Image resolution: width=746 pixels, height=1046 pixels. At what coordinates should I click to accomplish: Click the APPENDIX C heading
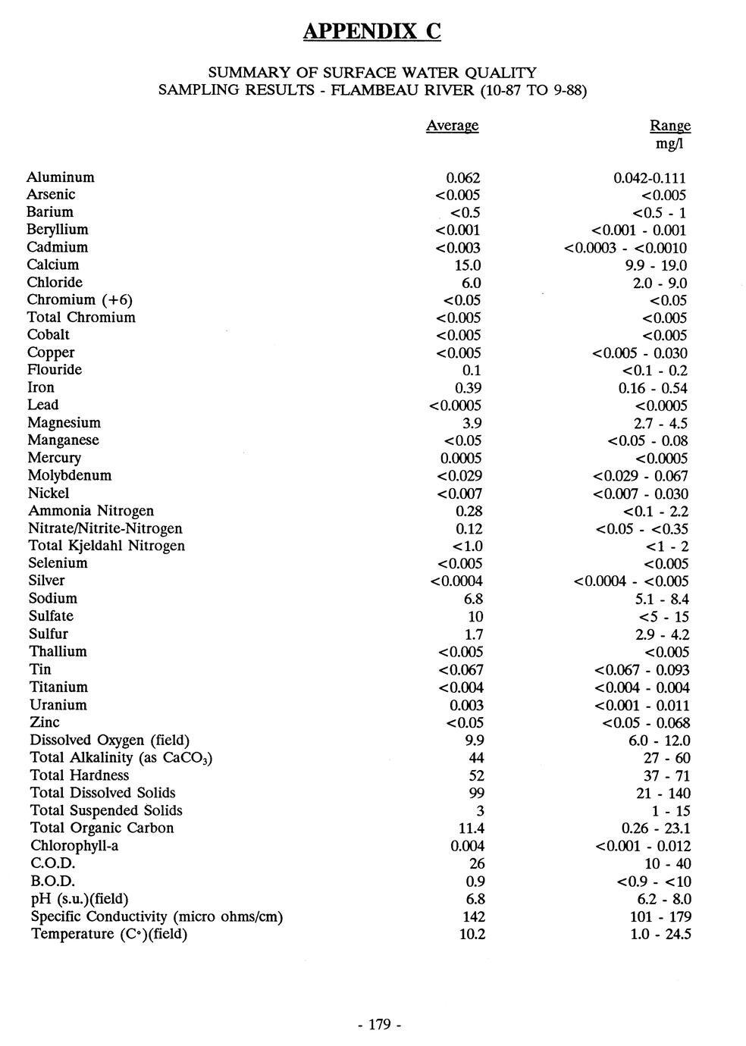371,31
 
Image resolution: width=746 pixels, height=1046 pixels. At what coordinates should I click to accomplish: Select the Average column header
452,126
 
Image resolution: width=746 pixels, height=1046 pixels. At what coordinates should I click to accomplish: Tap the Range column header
670,126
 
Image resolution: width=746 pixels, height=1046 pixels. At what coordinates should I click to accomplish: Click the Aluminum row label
61,177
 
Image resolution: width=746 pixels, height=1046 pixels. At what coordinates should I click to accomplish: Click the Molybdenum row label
70,476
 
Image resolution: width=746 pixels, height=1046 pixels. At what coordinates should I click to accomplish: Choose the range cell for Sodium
662,600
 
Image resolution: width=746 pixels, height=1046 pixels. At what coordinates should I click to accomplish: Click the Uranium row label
58,705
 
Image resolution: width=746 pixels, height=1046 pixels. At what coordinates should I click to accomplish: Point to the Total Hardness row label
80,775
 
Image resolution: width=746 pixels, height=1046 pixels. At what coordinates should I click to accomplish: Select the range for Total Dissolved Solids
663,794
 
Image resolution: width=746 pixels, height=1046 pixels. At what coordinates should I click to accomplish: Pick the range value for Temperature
662,935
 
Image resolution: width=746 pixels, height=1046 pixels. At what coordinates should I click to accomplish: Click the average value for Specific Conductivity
473,916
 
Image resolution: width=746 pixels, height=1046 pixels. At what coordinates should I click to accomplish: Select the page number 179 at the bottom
378,1025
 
